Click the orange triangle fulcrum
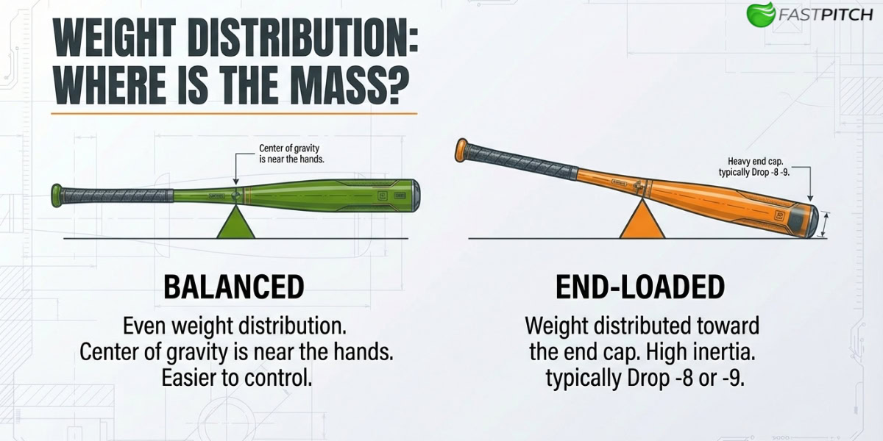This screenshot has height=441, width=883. tap(642, 222)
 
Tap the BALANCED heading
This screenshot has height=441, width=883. tap(233, 287)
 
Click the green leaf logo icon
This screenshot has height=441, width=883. tap(760, 14)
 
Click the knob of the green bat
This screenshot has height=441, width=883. tap(56, 195)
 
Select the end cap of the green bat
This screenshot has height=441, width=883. tap(416, 194)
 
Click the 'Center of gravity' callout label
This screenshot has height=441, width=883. tap(292, 153)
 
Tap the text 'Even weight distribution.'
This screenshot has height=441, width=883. tap(234, 324)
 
